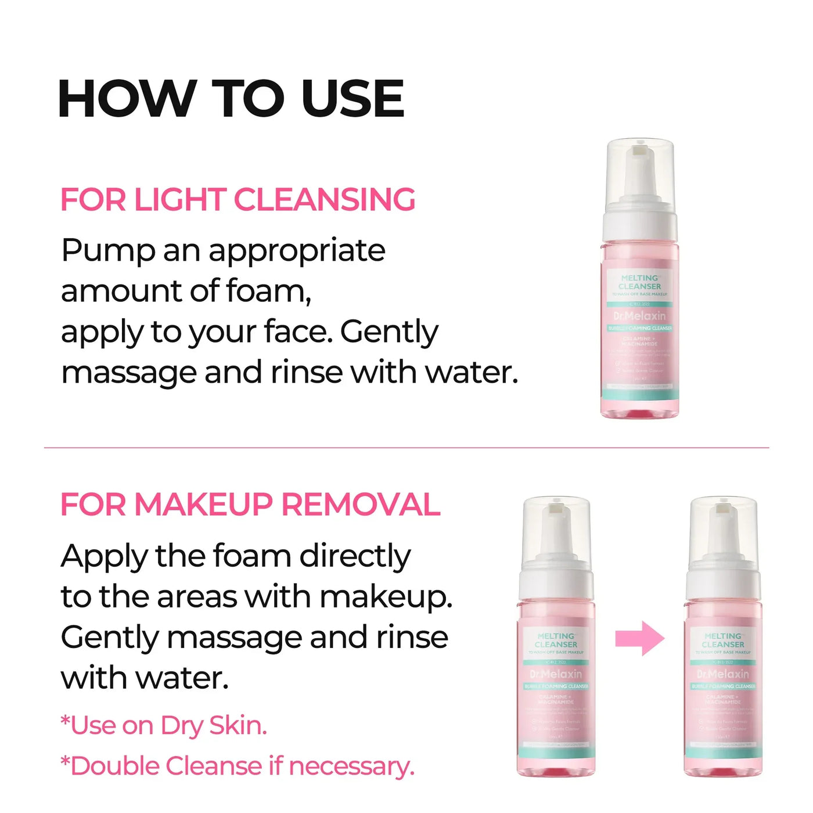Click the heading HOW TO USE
pos(231,98)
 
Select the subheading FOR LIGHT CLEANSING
pos(238,200)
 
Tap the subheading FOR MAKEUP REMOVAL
pos(250,504)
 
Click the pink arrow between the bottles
pos(639,638)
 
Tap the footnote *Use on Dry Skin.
pos(164,726)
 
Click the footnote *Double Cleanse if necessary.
pos(238,766)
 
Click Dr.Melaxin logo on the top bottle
pos(639,316)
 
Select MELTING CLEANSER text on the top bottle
pos(639,282)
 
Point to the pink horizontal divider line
pos(406,448)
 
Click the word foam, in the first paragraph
pos(268,291)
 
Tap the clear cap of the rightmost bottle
pos(723,531)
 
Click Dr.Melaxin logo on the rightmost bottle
pos(723,674)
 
